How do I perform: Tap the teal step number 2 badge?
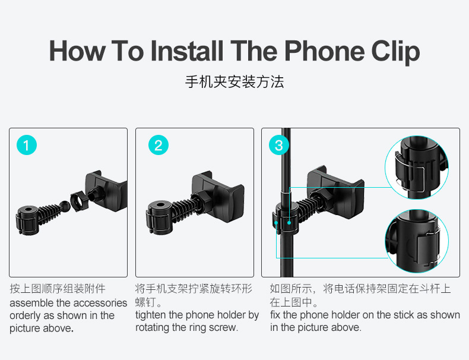(158, 145)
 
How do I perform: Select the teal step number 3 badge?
(279, 145)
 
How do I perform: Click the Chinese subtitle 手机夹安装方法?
(235, 82)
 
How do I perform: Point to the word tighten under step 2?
(151, 315)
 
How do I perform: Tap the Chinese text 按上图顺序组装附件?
(58, 289)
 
